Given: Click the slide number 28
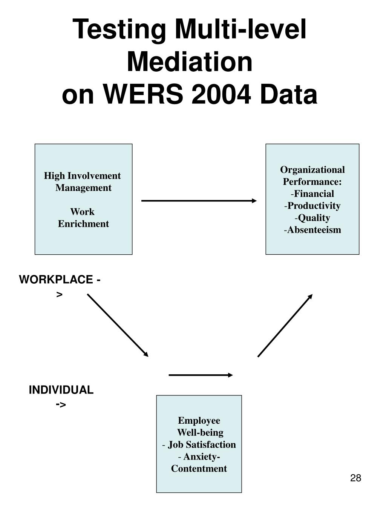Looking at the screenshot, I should click(x=355, y=478).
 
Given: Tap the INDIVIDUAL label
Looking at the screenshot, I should click(x=61, y=390).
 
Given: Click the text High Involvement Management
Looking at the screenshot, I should click(x=83, y=181).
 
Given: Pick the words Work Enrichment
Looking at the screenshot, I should click(x=83, y=218).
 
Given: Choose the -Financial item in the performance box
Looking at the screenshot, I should click(x=312, y=194).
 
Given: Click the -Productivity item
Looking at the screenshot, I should click(x=312, y=206).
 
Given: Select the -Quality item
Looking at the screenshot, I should click(x=312, y=218).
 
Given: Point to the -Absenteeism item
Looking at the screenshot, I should click(x=312, y=230).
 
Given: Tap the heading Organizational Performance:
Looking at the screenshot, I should click(x=312, y=175).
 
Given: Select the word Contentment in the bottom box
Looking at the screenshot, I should click(x=199, y=469).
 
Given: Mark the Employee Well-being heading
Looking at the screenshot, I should click(x=199, y=426).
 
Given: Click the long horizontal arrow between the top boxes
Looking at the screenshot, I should click(x=199, y=201).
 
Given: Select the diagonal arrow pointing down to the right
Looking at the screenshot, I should click(x=118, y=325).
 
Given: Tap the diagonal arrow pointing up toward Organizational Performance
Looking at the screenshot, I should click(x=285, y=325).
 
